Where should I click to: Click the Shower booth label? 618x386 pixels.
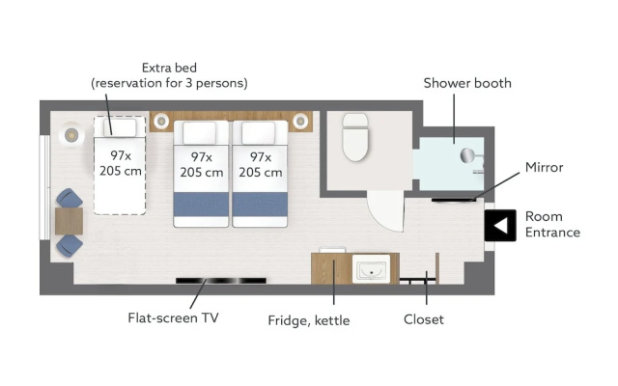click(x=467, y=83)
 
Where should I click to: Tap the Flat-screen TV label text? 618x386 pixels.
click(x=173, y=317)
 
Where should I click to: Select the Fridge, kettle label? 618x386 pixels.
click(x=309, y=320)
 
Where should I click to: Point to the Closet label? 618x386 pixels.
click(x=424, y=319)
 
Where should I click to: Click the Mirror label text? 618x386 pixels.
click(x=544, y=167)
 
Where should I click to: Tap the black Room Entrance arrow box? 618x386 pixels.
click(x=500, y=225)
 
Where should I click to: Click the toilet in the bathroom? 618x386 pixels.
click(x=355, y=137)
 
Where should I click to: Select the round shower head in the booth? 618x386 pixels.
click(x=467, y=155)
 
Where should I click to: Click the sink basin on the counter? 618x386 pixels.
click(x=371, y=269)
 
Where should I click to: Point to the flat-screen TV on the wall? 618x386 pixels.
click(x=221, y=281)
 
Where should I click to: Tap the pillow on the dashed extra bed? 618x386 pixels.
click(x=120, y=127)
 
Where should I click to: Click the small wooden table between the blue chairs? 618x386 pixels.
click(x=69, y=221)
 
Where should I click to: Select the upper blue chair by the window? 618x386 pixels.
click(x=70, y=198)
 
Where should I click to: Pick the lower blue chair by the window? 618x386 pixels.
click(x=70, y=246)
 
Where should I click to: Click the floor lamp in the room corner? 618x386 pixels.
click(x=71, y=135)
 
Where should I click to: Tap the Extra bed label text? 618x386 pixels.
click(x=169, y=68)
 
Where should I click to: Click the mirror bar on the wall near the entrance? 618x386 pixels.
click(x=454, y=200)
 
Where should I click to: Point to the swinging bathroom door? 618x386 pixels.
click(x=386, y=211)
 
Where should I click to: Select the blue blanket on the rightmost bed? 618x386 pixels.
click(x=260, y=205)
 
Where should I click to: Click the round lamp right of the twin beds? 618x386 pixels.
click(x=300, y=121)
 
